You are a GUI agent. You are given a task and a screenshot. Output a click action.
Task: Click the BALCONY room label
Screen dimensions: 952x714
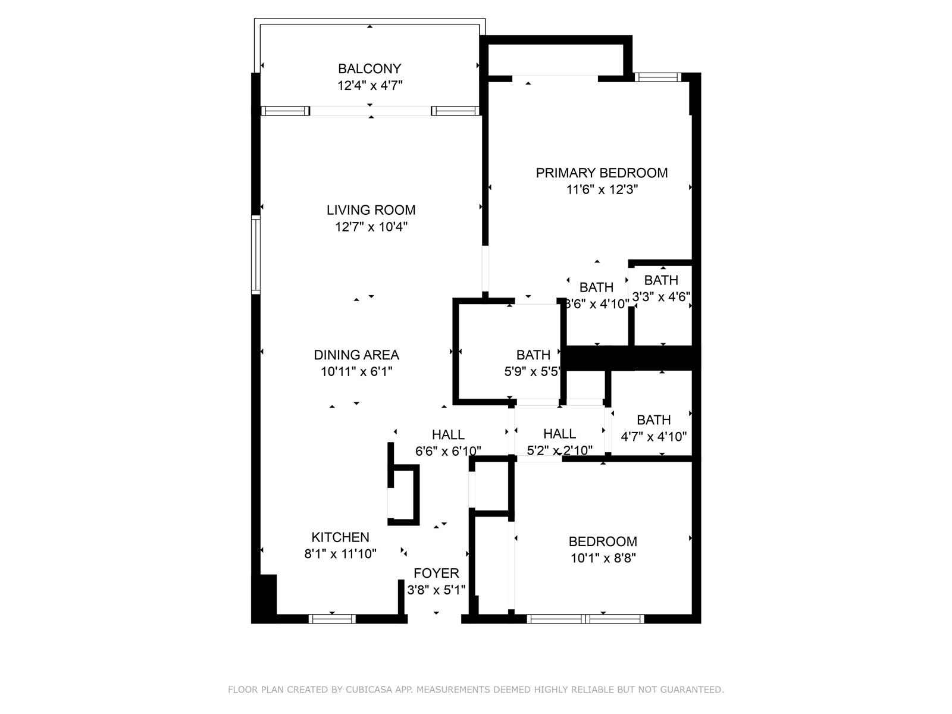[x=369, y=68]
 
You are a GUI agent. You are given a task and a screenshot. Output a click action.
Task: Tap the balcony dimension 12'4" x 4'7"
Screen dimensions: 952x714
[x=370, y=86]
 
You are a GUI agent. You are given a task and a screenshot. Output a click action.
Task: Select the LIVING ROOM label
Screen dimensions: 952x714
[x=371, y=210]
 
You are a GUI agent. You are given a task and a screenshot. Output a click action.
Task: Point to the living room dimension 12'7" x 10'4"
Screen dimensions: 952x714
[x=371, y=227]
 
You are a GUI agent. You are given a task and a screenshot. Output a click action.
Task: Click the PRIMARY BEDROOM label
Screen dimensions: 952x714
[x=602, y=173]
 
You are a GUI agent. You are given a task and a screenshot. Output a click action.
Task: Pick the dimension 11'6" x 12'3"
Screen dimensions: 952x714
[x=602, y=189]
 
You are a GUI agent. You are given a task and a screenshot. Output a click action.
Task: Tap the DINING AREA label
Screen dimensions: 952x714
[x=356, y=355]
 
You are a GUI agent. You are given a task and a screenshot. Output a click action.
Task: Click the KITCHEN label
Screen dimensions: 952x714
[x=340, y=537]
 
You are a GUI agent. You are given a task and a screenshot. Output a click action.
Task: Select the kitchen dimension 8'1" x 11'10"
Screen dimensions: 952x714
[x=340, y=554]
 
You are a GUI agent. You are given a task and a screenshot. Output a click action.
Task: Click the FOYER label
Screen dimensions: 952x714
[x=436, y=574]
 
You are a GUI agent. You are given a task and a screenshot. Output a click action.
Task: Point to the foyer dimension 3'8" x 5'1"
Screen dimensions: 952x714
[x=436, y=590]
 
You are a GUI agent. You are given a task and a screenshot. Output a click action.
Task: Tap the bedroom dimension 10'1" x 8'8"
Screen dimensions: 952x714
[x=603, y=558]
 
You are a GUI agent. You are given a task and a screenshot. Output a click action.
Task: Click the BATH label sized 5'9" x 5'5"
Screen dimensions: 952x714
[x=533, y=355]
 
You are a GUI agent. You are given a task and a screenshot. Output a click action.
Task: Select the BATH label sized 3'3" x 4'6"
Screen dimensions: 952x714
[x=661, y=280]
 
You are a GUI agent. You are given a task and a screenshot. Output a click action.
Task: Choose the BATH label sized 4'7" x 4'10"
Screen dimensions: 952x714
[x=653, y=420]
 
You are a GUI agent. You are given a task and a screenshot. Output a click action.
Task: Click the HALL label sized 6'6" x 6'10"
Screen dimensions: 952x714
[x=448, y=435]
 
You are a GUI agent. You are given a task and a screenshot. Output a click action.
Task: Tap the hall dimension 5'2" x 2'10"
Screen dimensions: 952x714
[x=559, y=450]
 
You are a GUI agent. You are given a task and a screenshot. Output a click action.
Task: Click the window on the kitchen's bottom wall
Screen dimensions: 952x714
[x=332, y=619]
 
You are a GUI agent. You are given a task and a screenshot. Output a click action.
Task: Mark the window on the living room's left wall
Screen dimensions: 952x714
[x=256, y=255]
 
